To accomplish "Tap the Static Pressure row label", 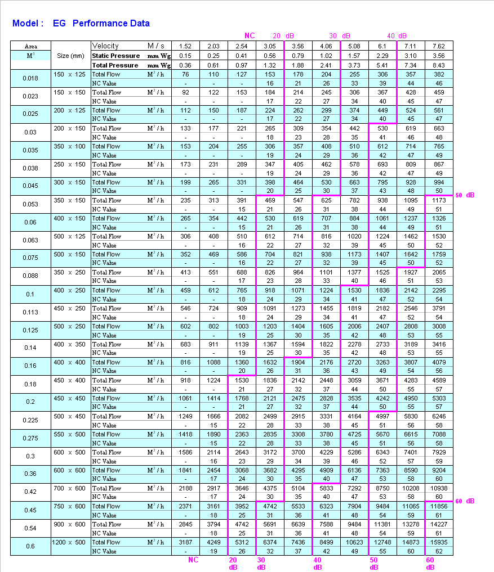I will pos(116,56).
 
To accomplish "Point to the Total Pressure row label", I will pos(115,65).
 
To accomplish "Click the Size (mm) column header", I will pos(70,56).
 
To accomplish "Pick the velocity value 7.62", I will pos(439,46).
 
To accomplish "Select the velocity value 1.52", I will pos(185,46).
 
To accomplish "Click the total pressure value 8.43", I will pos(439,65).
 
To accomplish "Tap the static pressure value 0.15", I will pos(185,56).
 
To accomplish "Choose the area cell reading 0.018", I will pos(30,78).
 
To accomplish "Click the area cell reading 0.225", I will pos(30,420).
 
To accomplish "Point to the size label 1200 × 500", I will pos(70,542).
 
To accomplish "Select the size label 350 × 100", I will pos(70,146).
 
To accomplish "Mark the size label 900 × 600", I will pos(70,524).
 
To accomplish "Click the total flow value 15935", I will pos(439,542).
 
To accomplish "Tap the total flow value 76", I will pos(185,74).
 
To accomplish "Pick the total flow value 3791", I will pos(439,308).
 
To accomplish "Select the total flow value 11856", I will pos(439,506).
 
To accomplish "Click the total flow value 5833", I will pos(326,488).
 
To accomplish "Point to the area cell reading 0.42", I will pos(30,492).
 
